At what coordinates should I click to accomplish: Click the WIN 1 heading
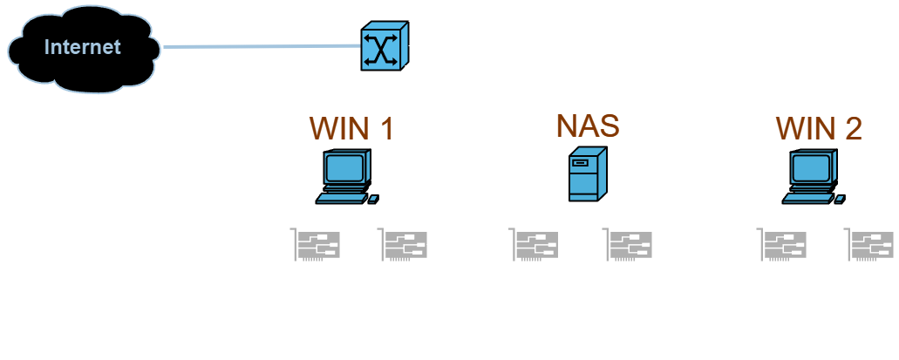point(351,128)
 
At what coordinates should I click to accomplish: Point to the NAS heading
point(588,126)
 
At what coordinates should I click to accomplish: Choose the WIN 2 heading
point(818,128)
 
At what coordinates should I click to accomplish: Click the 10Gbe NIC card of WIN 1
point(316,246)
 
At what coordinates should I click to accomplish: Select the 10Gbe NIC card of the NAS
point(535,246)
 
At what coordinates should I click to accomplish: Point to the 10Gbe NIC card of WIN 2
point(782,246)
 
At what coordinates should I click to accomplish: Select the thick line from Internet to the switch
point(262,46)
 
